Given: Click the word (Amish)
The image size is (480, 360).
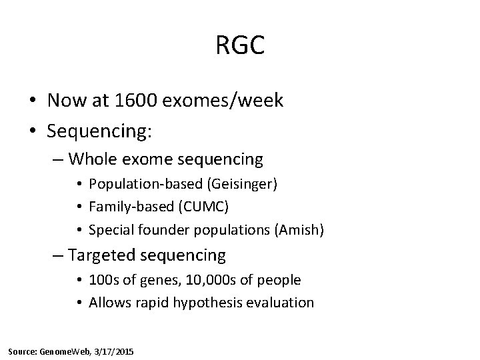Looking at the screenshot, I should click(301, 230).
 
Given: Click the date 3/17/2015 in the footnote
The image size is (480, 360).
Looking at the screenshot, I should click(115, 351).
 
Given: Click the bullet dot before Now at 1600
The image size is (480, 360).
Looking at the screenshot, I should click(32, 101).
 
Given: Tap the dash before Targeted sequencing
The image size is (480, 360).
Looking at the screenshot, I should click(58, 255).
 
